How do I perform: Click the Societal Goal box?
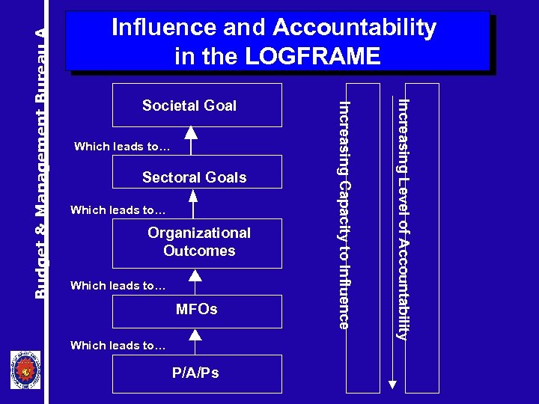[x=197, y=105]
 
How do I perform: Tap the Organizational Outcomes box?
[x=197, y=242]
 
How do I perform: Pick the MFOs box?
[x=197, y=310]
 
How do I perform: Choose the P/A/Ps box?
[x=197, y=373]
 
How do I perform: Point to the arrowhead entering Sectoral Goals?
[x=194, y=196]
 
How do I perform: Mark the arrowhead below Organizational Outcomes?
[x=195, y=275]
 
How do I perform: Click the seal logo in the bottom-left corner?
[x=25, y=370]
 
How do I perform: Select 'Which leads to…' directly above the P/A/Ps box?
[x=118, y=346]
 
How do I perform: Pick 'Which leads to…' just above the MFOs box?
[x=118, y=286]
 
